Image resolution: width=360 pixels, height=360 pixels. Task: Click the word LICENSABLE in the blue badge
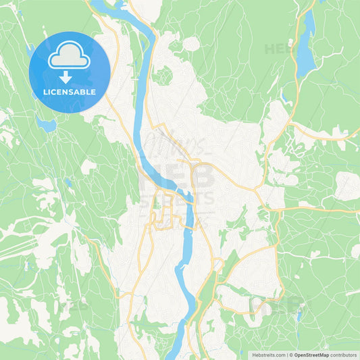point(70,92)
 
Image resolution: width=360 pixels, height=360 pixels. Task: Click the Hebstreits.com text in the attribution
point(265,355)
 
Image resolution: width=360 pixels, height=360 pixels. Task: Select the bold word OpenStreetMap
point(311,355)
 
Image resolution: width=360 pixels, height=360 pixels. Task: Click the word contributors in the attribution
point(344,355)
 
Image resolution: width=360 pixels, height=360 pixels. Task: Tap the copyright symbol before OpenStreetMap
point(291,355)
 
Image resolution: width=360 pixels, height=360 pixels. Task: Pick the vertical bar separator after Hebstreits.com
point(286,355)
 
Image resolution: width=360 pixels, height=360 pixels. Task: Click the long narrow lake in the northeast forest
point(308,44)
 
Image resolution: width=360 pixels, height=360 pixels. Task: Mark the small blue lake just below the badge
point(46,124)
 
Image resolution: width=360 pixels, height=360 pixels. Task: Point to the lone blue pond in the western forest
point(69,182)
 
